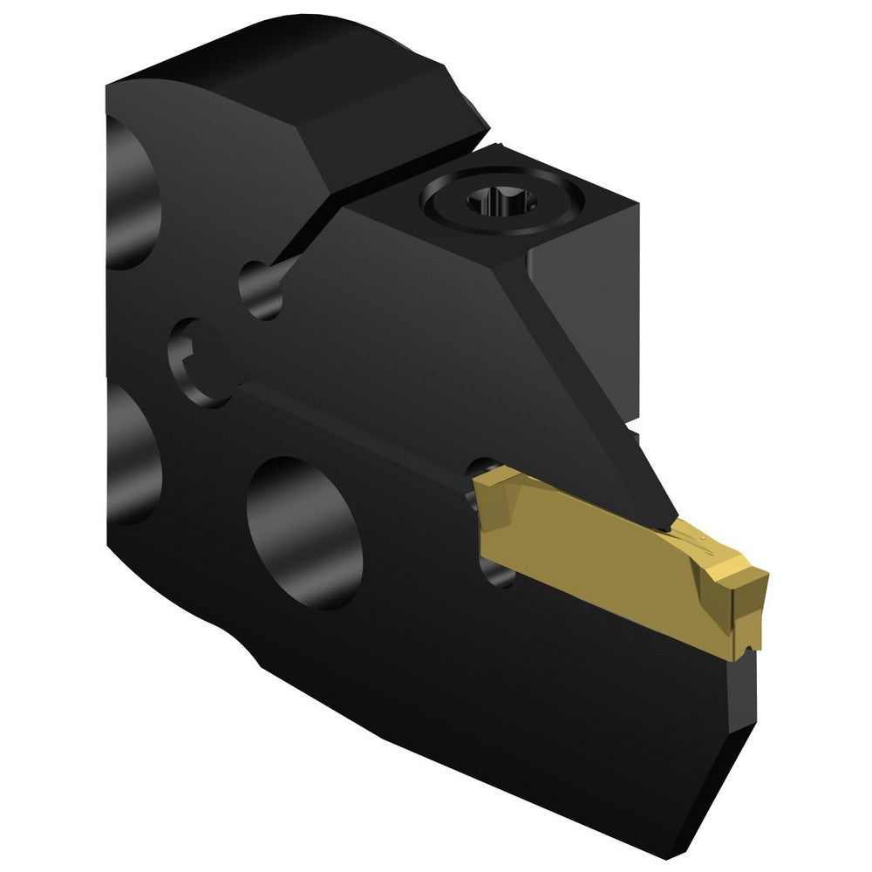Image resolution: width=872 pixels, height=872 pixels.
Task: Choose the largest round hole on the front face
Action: [304, 533]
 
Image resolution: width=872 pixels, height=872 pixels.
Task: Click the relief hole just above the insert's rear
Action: [483, 467]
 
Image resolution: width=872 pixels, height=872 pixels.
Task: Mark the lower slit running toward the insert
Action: [349, 419]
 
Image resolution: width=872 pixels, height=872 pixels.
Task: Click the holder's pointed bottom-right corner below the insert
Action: [732, 785]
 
